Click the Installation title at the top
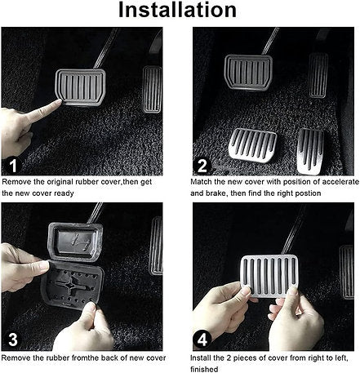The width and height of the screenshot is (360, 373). click(177, 10)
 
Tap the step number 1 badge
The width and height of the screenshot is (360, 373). click(13, 165)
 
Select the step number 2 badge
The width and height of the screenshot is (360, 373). click(202, 165)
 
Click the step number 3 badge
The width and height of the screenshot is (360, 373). click(13, 340)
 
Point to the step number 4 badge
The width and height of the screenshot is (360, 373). click(202, 340)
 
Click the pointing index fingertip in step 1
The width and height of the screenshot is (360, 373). click(59, 102)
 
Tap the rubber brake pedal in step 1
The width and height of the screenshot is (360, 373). click(80, 87)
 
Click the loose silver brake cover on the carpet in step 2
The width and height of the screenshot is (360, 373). click(253, 145)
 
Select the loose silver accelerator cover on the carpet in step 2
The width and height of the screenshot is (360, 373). click(310, 151)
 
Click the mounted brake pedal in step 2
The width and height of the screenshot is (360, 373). click(248, 73)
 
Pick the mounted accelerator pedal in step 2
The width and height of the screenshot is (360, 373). click(318, 75)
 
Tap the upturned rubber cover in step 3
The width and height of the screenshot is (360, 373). click(73, 285)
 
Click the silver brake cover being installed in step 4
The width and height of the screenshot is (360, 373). click(269, 276)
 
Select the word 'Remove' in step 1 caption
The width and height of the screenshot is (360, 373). click(16, 182)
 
